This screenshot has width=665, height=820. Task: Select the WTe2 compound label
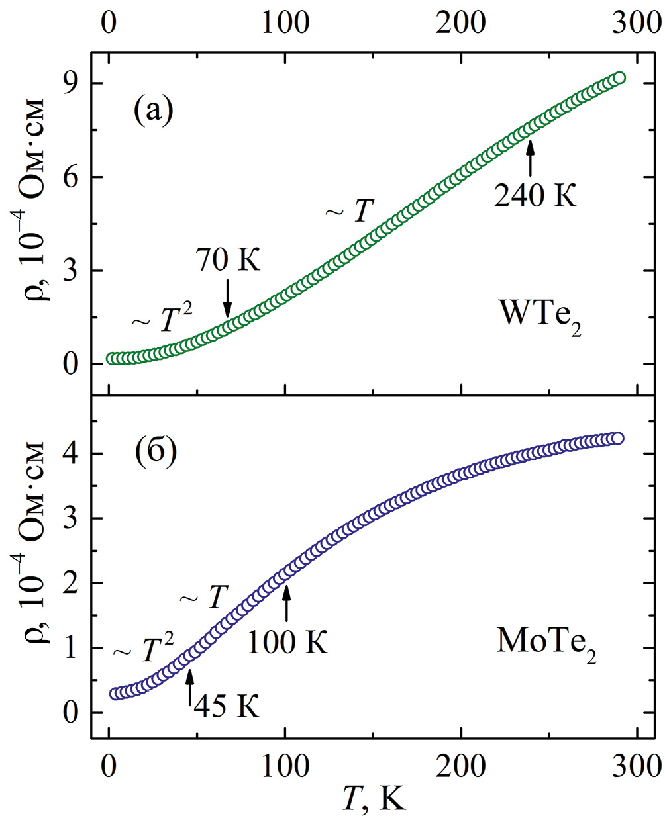point(540,318)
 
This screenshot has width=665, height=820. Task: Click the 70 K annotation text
point(228,259)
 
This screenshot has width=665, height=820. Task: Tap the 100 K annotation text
point(287,641)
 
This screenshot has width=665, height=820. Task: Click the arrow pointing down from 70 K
point(228,298)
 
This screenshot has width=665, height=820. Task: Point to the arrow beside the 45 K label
point(190,688)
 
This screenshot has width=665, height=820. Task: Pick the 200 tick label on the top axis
point(460,23)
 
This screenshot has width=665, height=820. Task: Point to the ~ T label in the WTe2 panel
point(350,212)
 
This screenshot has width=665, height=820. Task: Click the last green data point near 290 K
point(619,78)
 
